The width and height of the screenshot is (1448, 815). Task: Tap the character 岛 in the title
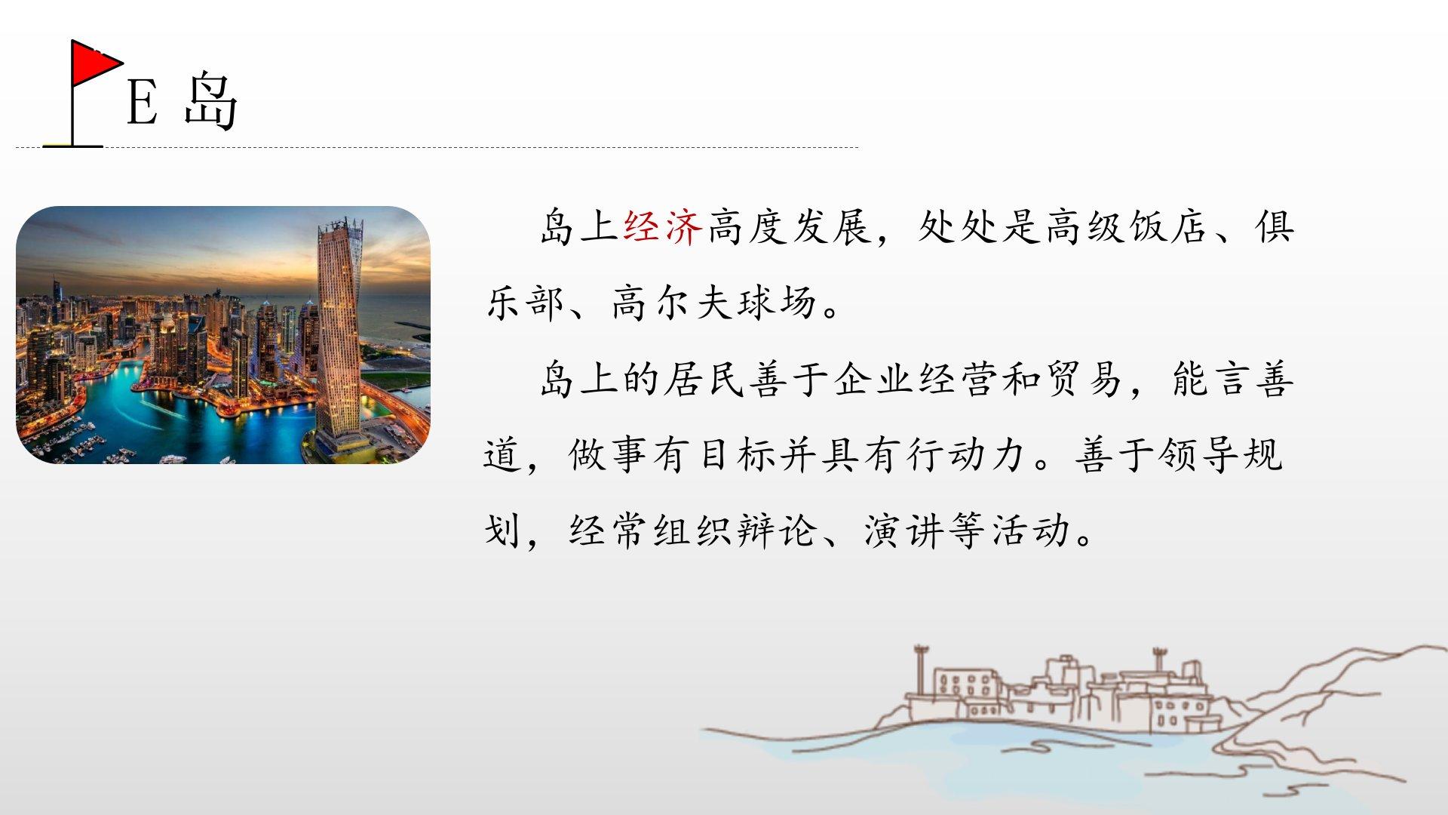211,101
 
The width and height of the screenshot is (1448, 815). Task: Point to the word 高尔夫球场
714,303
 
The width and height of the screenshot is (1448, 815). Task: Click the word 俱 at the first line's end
1275,226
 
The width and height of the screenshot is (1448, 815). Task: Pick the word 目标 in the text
738,455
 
